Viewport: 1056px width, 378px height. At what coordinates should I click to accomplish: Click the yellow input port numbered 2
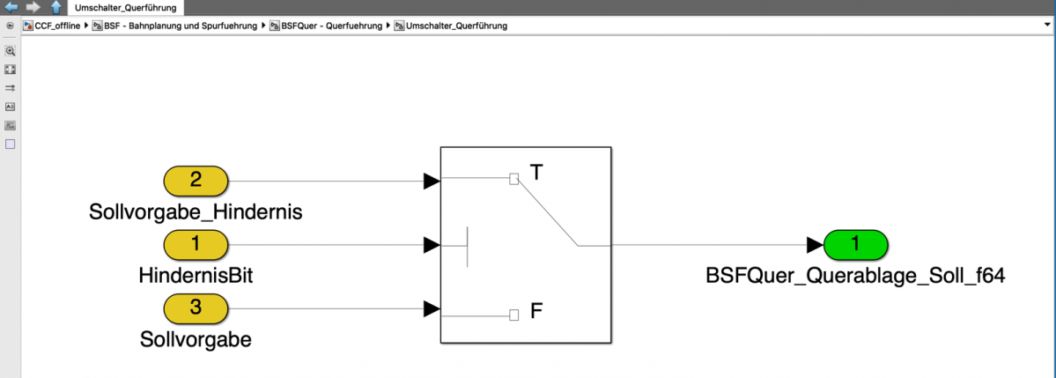[196, 181]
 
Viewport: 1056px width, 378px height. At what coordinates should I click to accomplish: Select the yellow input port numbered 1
[196, 244]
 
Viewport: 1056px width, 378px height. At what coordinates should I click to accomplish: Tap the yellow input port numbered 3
[196, 308]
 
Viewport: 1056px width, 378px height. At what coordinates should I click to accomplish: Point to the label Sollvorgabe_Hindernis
[196, 211]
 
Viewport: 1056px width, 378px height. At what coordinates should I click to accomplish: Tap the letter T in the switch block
[536, 171]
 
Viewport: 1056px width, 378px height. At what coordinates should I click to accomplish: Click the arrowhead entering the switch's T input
[432, 181]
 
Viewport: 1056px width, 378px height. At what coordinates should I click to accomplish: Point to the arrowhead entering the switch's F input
[432, 308]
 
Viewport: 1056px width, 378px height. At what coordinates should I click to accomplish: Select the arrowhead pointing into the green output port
[814, 244]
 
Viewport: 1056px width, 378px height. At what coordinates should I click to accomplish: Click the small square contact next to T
[514, 179]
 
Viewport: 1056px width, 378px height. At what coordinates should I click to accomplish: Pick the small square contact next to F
[514, 315]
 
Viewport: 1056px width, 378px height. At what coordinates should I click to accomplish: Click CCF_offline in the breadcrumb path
[56, 26]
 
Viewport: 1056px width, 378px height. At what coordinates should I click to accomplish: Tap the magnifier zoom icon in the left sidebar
[11, 51]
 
